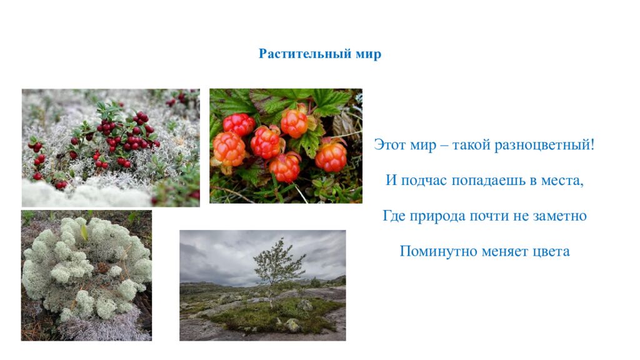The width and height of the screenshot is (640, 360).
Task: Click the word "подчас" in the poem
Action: [x=426, y=181]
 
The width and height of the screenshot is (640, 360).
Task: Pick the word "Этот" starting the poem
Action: [x=391, y=145]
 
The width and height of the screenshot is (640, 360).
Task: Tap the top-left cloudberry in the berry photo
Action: [x=239, y=124]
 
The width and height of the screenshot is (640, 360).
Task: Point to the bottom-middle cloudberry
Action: [x=286, y=167]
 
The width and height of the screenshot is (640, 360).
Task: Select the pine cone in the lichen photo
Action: [x=101, y=268]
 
